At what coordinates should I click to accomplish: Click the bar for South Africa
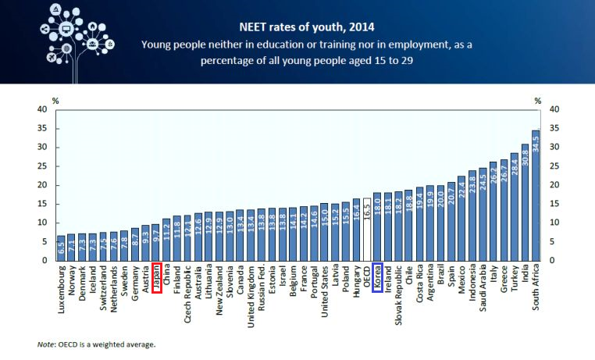[536, 195]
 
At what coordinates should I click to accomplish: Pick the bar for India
[525, 202]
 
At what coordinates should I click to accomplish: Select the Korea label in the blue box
[378, 277]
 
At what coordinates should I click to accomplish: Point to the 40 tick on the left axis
[41, 109]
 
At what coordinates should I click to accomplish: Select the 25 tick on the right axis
[555, 166]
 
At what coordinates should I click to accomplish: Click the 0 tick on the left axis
[44, 261]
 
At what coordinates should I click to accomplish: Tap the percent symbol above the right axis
[539, 100]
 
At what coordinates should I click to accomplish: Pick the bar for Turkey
[515, 206]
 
